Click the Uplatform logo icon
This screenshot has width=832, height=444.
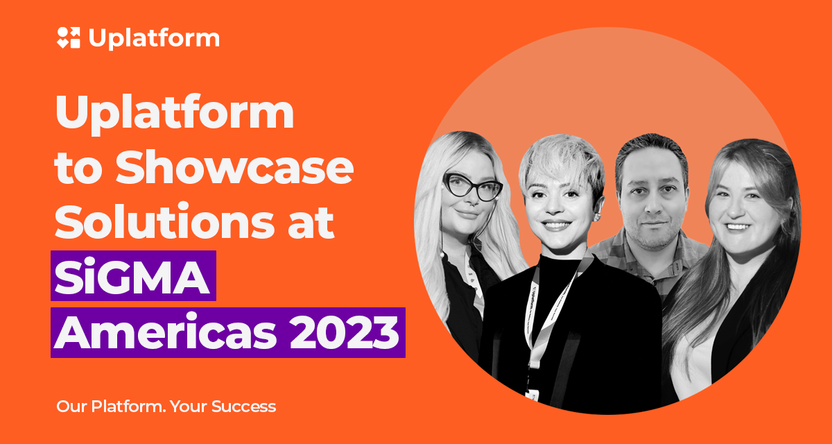[x=69, y=37]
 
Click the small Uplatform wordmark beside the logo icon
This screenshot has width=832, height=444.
[x=154, y=39]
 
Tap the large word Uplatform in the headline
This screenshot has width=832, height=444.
[x=175, y=114]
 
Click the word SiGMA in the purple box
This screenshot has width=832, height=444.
[x=132, y=276]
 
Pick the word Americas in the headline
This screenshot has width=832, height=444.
[x=165, y=331]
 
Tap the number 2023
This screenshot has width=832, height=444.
[x=345, y=332]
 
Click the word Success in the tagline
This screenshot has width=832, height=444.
[x=243, y=407]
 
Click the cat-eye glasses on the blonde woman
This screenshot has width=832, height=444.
[x=472, y=186]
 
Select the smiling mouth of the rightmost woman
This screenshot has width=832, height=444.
[x=738, y=226]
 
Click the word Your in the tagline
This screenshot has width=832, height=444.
[x=189, y=407]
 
